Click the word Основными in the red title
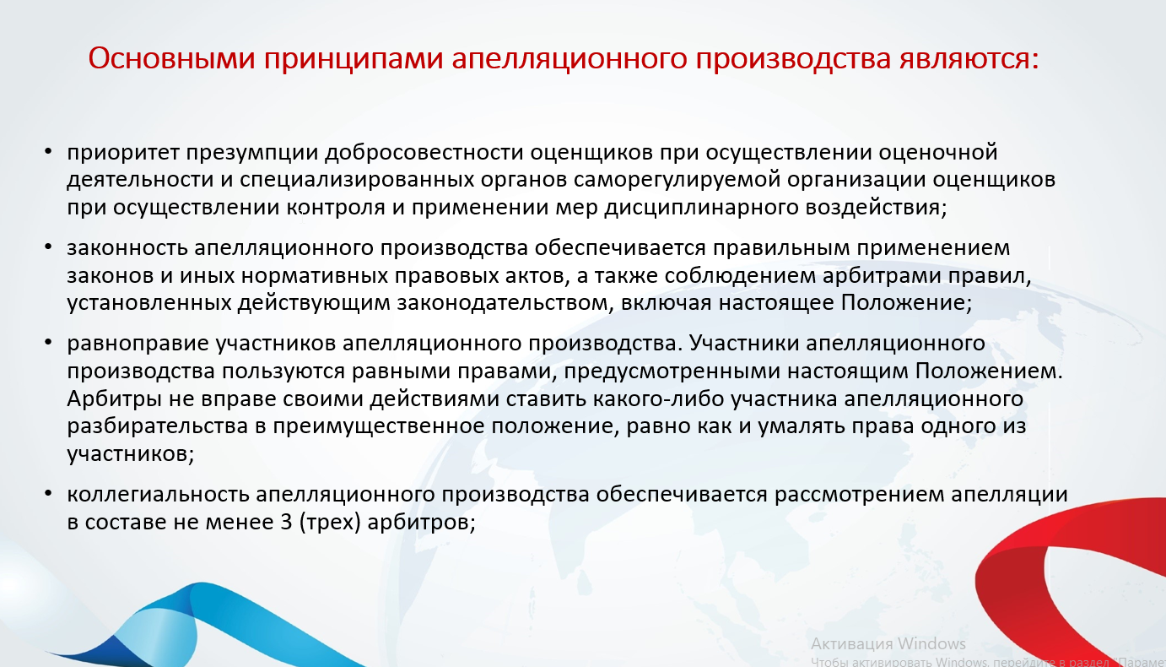click(x=171, y=58)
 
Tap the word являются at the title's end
click(x=969, y=58)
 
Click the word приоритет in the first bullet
click(x=123, y=153)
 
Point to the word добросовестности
click(x=424, y=153)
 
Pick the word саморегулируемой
click(x=677, y=180)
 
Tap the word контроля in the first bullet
click(x=337, y=208)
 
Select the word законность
click(x=127, y=248)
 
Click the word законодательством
click(x=502, y=303)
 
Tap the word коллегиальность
click(x=159, y=495)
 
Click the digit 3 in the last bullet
click(x=286, y=523)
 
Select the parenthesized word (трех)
click(x=330, y=523)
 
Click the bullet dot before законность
click(x=48, y=247)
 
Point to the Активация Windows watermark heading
click(x=888, y=644)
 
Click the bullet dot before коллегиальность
click(x=48, y=493)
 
